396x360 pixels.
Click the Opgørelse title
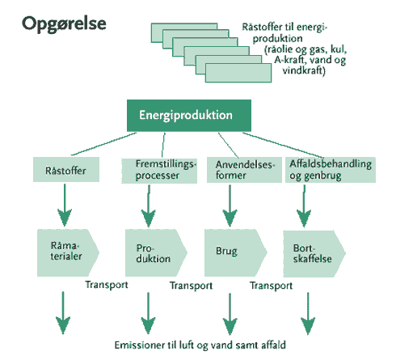64,24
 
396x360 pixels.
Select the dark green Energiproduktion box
189,116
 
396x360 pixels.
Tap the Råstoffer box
66,170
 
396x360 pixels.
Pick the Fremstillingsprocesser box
159,171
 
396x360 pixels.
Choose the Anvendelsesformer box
244,170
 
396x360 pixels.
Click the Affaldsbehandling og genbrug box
331,170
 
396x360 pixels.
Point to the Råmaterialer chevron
68,252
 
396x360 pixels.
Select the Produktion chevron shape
156,252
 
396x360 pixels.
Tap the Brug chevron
236,252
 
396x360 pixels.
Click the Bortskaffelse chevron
314,253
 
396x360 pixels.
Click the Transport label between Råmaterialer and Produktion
107,285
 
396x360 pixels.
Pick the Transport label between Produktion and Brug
192,286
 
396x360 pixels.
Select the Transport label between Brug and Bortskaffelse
272,286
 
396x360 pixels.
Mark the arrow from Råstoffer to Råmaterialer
65,205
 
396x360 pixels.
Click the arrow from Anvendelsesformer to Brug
230,205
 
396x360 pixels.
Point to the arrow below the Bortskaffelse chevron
308,313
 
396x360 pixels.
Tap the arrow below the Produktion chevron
148,313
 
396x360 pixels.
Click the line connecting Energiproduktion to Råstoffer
104,144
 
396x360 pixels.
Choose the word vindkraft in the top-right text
304,70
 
